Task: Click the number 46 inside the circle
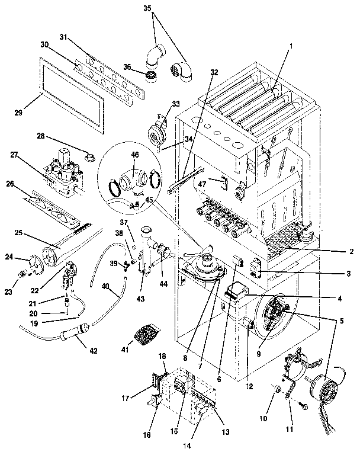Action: click(136, 155)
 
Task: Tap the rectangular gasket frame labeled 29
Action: click(71, 95)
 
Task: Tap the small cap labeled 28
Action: click(91, 157)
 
